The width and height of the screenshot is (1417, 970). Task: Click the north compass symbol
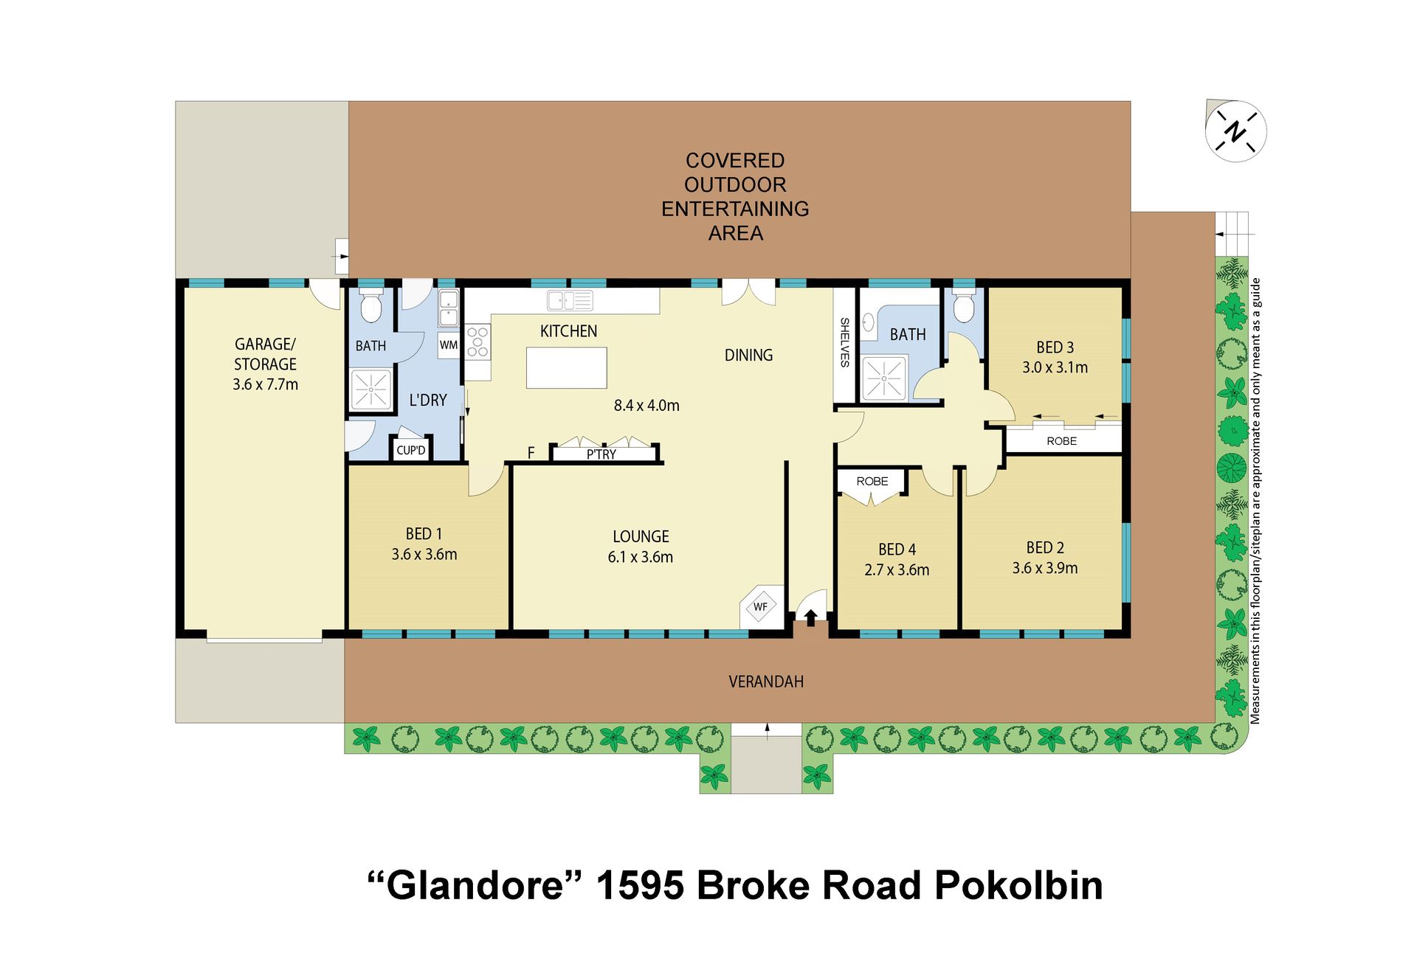[1235, 131]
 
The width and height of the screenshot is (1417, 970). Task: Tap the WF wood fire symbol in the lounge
[760, 607]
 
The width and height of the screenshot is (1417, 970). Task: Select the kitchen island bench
[566, 367]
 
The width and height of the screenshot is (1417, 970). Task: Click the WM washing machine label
[449, 344]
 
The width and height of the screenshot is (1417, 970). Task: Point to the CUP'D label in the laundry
[411, 450]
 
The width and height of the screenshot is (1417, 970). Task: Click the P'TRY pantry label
[601, 454]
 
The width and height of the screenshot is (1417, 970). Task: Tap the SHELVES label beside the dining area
[845, 342]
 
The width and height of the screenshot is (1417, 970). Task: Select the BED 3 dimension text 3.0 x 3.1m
[1055, 367]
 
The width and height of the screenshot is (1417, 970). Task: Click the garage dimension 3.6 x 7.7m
[265, 384]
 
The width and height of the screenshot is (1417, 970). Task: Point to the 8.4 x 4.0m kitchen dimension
[647, 405]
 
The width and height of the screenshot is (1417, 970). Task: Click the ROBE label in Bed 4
[872, 481]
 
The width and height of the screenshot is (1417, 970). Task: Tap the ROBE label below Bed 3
[1061, 441]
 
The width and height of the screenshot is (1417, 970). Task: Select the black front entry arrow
[810, 617]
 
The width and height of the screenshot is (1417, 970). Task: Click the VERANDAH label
[766, 682]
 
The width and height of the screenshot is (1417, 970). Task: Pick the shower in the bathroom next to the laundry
[370, 389]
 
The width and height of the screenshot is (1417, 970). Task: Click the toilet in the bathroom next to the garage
[370, 306]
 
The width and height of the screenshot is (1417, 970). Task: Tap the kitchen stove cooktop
[477, 342]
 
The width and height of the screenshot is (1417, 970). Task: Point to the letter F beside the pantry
[531, 453]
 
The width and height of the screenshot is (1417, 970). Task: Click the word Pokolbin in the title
[1018, 885]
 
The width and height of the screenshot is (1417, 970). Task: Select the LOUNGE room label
[641, 536]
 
